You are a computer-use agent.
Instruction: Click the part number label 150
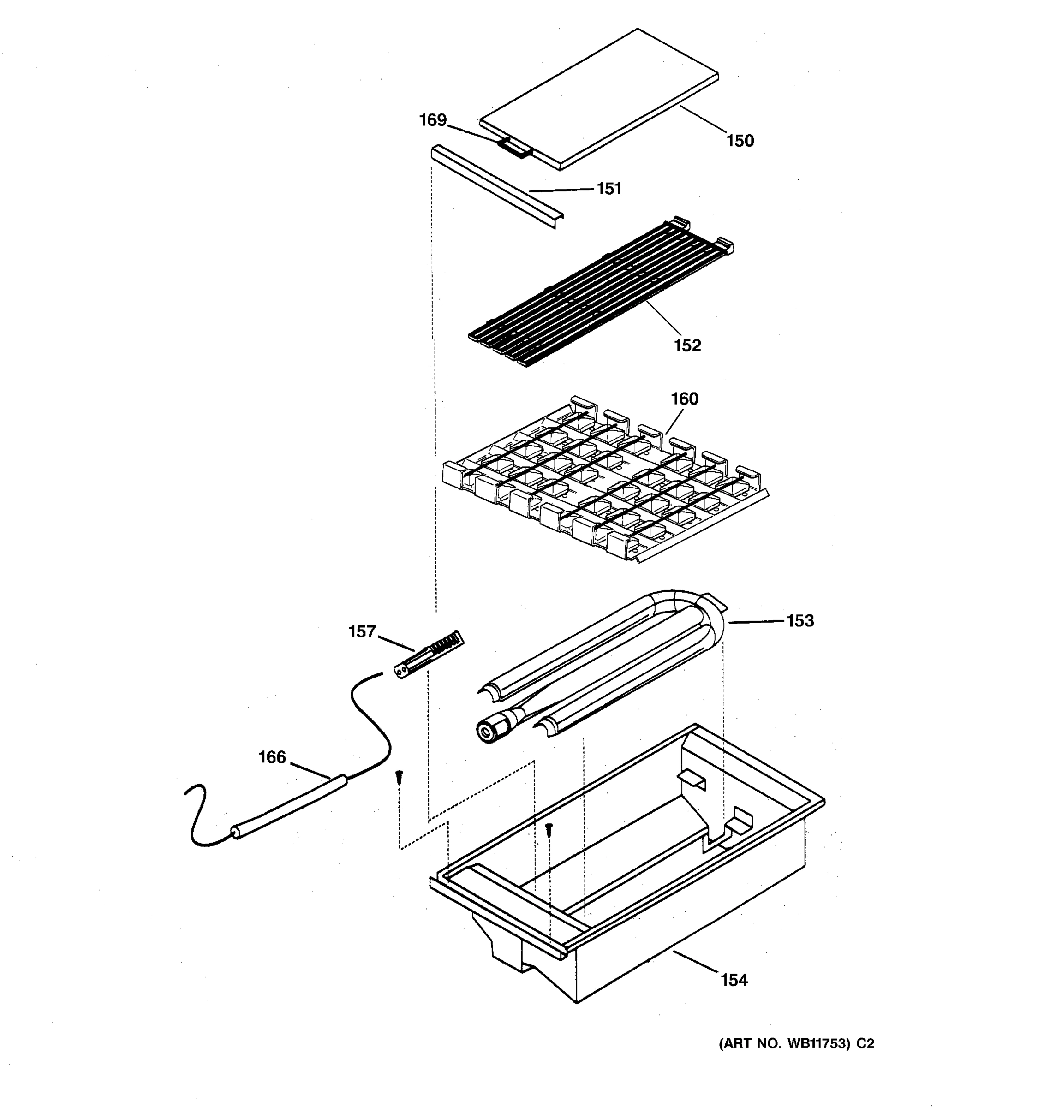tap(740, 141)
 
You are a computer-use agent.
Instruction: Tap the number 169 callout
tap(433, 120)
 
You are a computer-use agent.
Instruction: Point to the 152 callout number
tap(687, 345)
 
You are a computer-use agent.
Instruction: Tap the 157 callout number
tap(362, 631)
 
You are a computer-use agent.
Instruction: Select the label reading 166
tap(272, 757)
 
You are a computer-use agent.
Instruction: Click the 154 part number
tap(734, 980)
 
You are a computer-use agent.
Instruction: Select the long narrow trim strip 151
tap(495, 186)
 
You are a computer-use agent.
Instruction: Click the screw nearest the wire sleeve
tap(399, 777)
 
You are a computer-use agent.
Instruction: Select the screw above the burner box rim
tap(549, 830)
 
